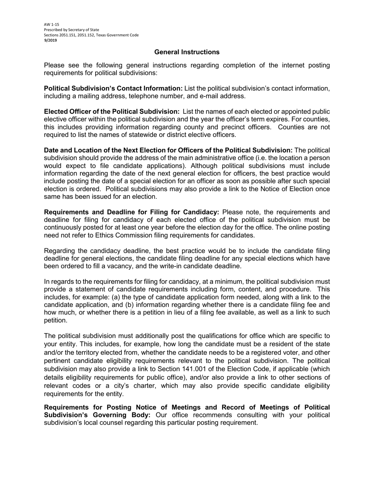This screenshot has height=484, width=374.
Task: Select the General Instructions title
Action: pos(187,52)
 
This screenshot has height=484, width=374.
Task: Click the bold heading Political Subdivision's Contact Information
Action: pos(113,88)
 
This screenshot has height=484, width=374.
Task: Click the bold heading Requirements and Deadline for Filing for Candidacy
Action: pos(131,212)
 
